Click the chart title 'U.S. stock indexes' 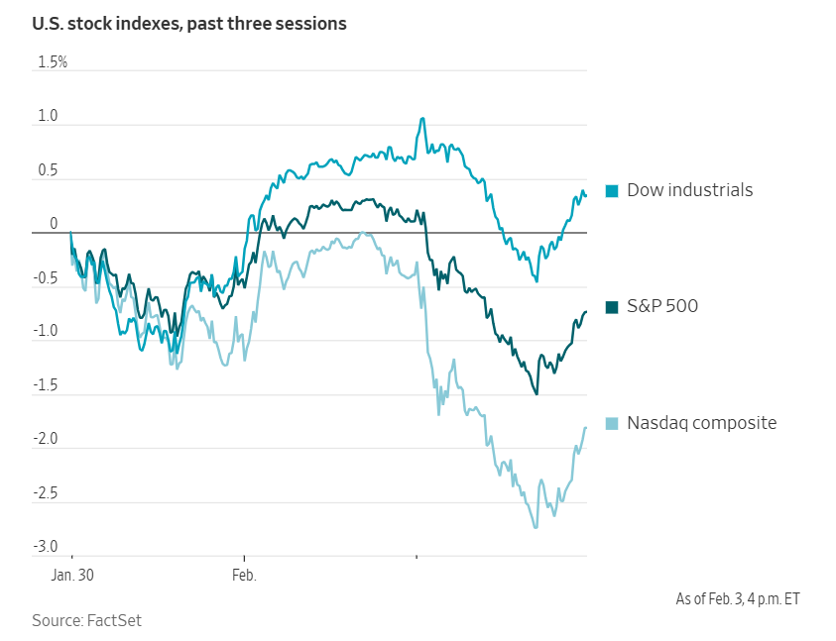click(189, 23)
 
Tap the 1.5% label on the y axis click(52, 62)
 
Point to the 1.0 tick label click(48, 117)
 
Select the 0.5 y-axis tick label click(48, 171)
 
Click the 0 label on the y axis click(55, 225)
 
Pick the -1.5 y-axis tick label click(46, 385)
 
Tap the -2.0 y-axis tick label click(46, 439)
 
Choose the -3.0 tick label click(46, 547)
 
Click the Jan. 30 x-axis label click(72, 575)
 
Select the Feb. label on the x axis click(243, 575)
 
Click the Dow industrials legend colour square click(612, 190)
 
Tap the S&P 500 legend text click(662, 306)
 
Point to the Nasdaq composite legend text click(701, 423)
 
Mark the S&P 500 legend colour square click(612, 307)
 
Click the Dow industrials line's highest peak click(422, 119)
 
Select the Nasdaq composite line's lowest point click(536, 527)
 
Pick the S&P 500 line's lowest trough click(537, 393)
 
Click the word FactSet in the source click(114, 620)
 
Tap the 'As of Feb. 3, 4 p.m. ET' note click(739, 599)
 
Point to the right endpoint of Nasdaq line click(586, 427)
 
